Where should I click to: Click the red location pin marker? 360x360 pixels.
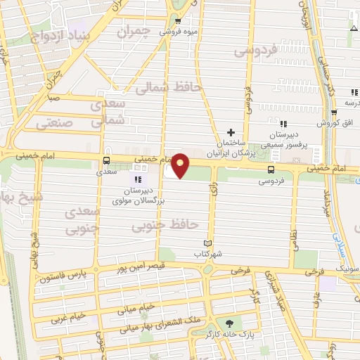click(x=181, y=165)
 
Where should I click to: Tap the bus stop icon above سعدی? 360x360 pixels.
click(x=106, y=160)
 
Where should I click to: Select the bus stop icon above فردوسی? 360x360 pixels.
click(x=271, y=169)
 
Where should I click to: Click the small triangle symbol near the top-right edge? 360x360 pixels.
click(x=354, y=28)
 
